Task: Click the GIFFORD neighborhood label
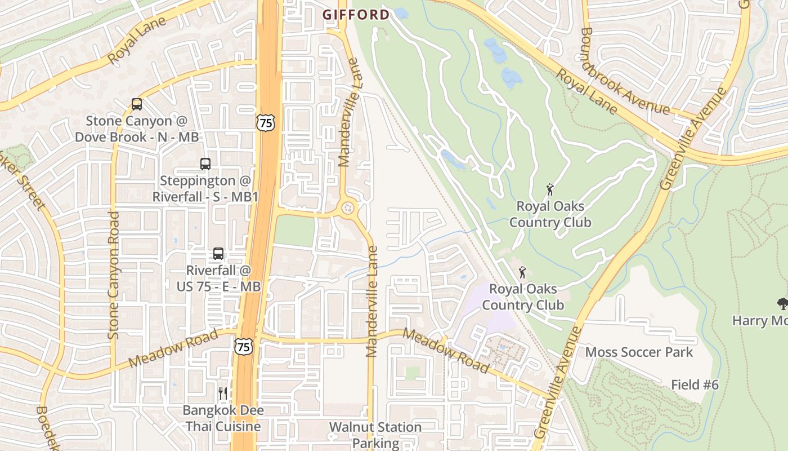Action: point(356,15)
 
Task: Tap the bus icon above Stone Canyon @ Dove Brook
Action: point(137,104)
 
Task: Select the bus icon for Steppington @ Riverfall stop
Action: point(205,164)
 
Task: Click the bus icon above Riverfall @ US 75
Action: point(218,254)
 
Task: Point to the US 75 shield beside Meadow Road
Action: point(244,347)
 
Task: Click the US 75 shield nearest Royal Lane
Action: point(265,122)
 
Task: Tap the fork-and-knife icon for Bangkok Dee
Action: point(223,393)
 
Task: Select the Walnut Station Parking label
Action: point(375,435)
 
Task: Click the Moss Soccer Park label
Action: point(639,352)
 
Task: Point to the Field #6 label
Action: point(695,385)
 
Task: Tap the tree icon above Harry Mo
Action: point(782,304)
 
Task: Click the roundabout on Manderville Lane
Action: point(348,208)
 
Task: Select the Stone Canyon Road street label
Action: point(114,275)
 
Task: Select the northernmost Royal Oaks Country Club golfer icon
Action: point(550,189)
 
